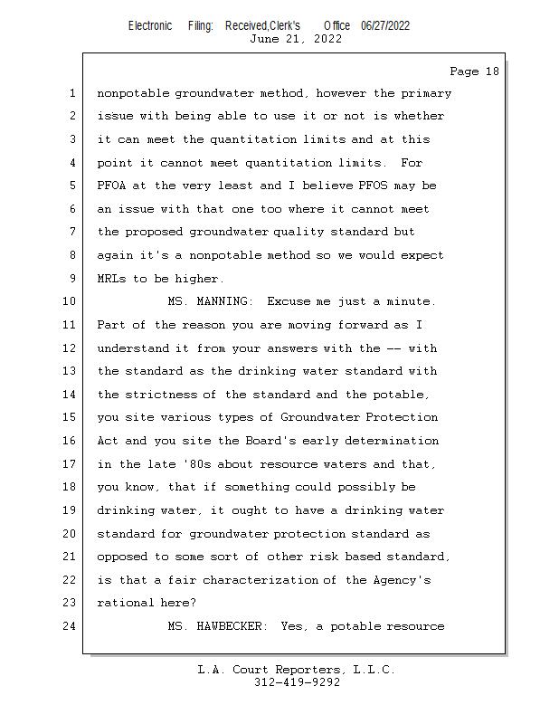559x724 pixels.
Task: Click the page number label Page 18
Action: tap(474, 71)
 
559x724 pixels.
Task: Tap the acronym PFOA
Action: tap(115, 186)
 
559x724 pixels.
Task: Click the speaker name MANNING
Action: tap(225, 301)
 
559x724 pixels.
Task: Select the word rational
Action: tap(126, 603)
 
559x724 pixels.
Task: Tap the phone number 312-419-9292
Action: tap(298, 683)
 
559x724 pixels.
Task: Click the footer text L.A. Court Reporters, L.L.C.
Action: tap(297, 671)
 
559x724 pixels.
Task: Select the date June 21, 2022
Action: tap(296, 39)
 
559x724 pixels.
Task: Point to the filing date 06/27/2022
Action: tap(385, 25)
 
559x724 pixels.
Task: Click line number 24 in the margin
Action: tap(71, 625)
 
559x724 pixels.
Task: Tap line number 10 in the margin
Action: tap(71, 301)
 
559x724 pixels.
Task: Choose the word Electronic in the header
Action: tap(150, 25)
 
